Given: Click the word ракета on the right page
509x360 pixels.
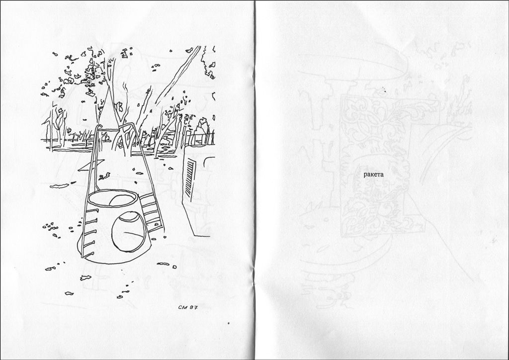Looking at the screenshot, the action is tap(373, 175).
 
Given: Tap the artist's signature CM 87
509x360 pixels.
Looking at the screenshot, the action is tap(188, 307).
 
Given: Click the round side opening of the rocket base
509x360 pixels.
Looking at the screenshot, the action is tap(129, 231).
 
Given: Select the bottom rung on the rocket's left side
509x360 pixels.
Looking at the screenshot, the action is tap(87, 254).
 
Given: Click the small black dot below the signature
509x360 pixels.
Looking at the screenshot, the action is tap(229, 323).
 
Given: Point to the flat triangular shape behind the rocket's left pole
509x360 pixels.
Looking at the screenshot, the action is tap(91, 165).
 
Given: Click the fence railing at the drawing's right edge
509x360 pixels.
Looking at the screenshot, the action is tap(200, 138).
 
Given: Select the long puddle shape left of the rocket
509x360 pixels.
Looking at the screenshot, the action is tap(60, 186).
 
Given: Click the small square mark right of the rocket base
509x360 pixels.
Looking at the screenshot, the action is tap(175, 267).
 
